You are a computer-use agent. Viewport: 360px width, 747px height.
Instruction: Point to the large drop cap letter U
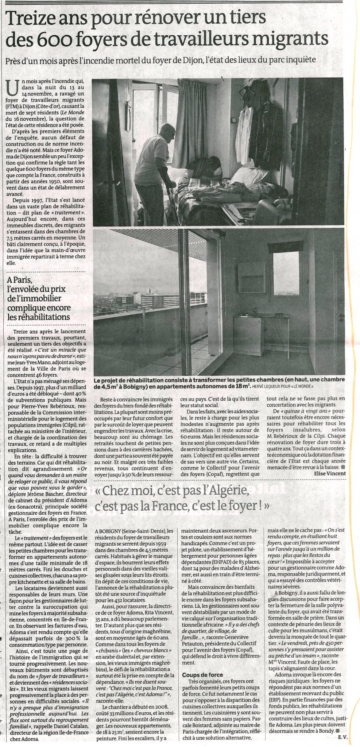pos(13,88)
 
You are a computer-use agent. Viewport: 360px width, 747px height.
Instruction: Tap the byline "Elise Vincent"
pos(329,473)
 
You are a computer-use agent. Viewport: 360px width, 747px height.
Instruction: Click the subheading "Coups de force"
pos(203,664)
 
